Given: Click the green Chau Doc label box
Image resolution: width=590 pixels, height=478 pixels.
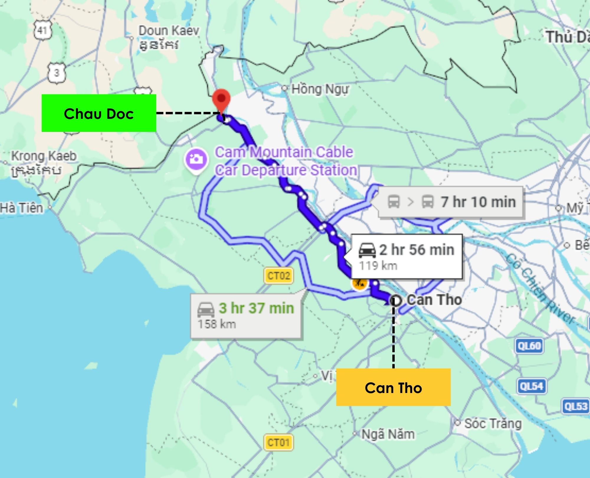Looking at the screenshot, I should (x=99, y=113).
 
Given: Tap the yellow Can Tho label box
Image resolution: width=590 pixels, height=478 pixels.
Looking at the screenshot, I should (x=393, y=387).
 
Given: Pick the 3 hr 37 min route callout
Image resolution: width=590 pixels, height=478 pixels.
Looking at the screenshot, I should (x=246, y=315).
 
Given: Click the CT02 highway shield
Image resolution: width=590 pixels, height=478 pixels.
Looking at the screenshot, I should (x=278, y=276).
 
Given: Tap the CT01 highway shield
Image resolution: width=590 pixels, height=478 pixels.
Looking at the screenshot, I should (x=278, y=442).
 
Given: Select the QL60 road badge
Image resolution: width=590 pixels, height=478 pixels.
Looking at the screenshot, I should (x=529, y=346).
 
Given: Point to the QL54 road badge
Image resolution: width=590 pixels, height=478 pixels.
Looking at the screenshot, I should (x=531, y=386).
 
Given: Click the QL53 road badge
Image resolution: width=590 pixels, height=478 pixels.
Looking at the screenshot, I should (x=576, y=406).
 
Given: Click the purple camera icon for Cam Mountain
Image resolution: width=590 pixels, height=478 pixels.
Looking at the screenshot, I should (x=196, y=160).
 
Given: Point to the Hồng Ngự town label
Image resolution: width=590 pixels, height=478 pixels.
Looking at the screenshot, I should (x=320, y=89).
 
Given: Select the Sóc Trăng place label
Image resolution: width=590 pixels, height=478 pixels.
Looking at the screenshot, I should (x=493, y=423).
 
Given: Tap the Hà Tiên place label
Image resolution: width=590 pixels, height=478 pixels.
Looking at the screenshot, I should (x=22, y=208).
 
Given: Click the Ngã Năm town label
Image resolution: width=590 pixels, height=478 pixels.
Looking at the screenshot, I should (x=388, y=434).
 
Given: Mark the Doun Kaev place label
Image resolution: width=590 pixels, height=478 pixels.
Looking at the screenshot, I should (x=169, y=31).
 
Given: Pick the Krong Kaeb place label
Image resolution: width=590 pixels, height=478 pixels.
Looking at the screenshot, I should (x=44, y=156).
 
